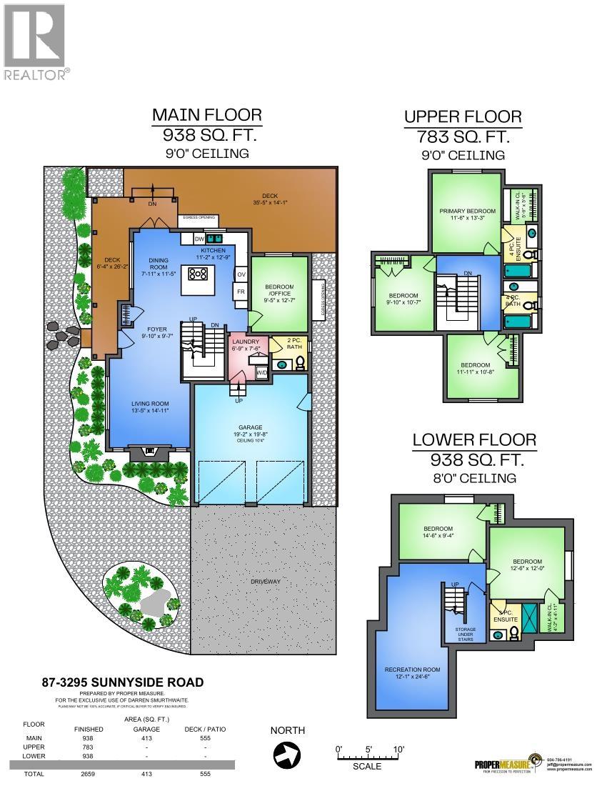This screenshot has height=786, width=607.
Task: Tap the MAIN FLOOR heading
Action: pyautogui.click(x=207, y=115)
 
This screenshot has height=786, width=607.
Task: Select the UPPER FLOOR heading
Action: pyautogui.click(x=463, y=116)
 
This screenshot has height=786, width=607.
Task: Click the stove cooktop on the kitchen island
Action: pyautogui.click(x=198, y=273)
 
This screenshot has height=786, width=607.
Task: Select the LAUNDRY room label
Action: pyautogui.click(x=245, y=342)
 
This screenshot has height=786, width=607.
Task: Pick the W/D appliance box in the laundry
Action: pyautogui.click(x=262, y=372)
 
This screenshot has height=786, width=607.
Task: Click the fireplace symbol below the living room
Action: pyautogui.click(x=149, y=451)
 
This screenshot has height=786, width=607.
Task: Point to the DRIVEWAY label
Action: pyautogui.click(x=265, y=582)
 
